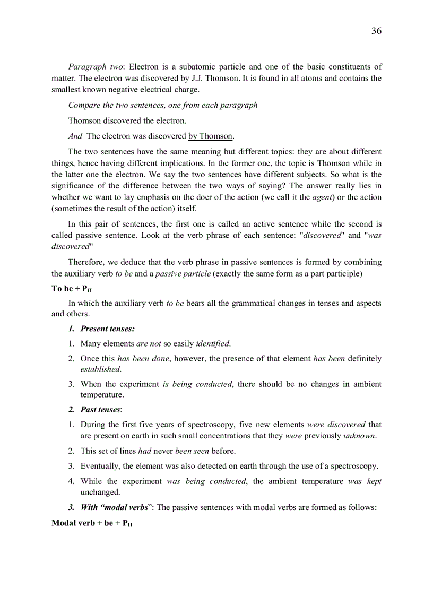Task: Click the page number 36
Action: click(376, 31)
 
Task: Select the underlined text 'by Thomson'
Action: click(211, 136)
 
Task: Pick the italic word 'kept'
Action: click(374, 481)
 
